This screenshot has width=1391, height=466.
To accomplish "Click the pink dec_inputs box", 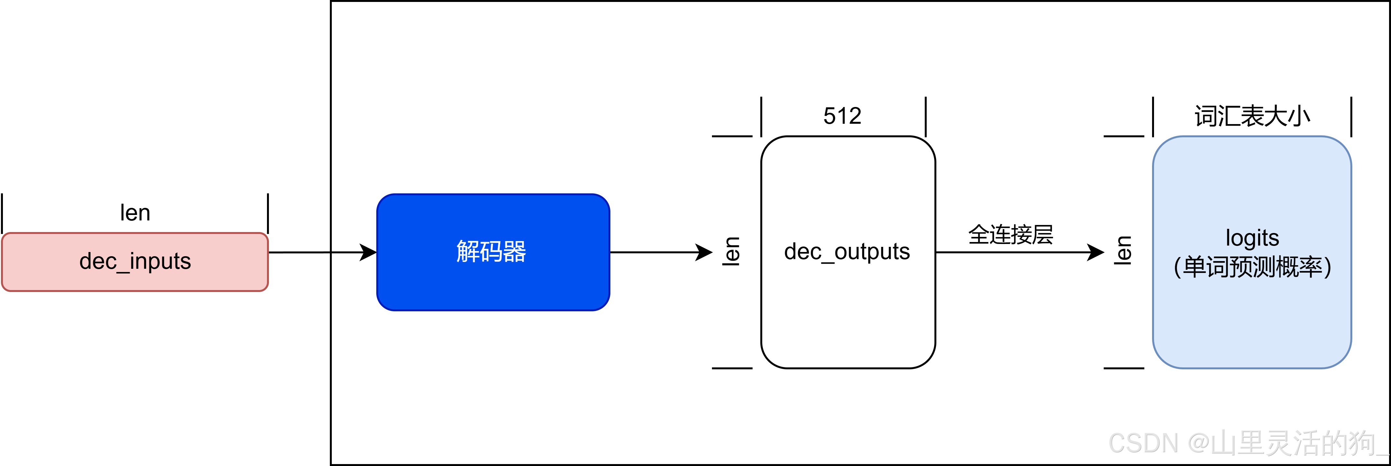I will (x=135, y=262).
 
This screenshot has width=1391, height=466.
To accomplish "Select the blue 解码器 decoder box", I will (x=492, y=252).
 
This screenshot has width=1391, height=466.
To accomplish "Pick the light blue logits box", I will (x=1252, y=313).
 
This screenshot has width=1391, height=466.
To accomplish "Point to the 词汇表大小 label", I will (x=1252, y=116).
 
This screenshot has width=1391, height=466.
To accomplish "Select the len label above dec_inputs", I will (x=135, y=213).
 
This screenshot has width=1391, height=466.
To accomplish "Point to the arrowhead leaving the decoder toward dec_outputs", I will (x=705, y=252).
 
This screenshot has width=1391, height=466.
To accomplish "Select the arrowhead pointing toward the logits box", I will (x=1096, y=252).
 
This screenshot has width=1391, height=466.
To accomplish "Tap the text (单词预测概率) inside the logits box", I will (x=1252, y=267).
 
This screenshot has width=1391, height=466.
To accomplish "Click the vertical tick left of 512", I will (x=761, y=117).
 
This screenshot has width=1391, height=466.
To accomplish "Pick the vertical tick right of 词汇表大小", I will (x=1351, y=117).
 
